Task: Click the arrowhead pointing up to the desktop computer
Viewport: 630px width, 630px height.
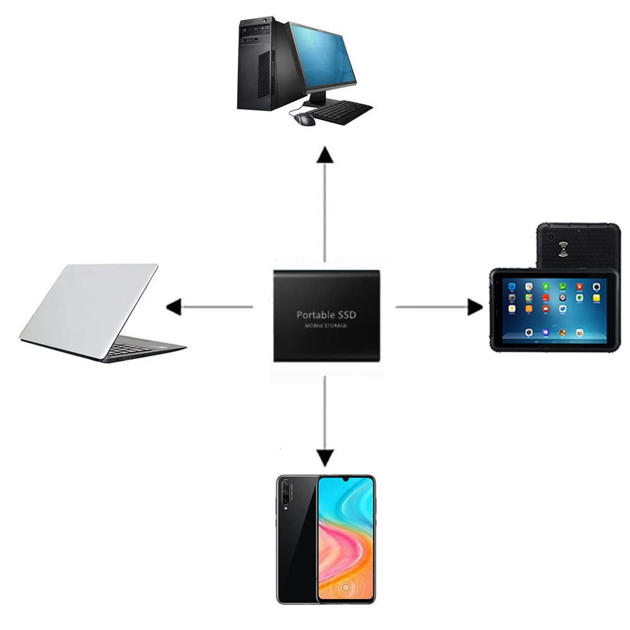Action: (325, 155)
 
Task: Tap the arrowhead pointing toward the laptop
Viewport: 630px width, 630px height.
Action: (174, 307)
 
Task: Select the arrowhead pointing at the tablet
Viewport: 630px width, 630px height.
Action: (475, 307)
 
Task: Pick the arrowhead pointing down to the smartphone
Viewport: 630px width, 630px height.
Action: (325, 458)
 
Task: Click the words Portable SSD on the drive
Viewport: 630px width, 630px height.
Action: (326, 315)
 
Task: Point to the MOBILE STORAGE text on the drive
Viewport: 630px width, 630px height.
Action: (326, 325)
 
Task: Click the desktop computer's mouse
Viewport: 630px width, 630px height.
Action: (304, 118)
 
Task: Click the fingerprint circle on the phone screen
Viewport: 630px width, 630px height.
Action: (346, 587)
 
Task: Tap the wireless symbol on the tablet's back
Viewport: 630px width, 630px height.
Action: (563, 249)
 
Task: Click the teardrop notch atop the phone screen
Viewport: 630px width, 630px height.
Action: (345, 480)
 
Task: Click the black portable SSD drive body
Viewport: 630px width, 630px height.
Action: (326, 316)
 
